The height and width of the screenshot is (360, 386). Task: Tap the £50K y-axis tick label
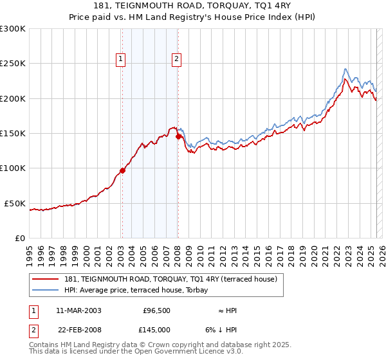coord(15,203)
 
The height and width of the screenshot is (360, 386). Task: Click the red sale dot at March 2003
coord(122,170)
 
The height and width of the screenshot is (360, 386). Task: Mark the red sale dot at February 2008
coord(178,136)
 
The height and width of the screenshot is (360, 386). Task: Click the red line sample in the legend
coord(46,279)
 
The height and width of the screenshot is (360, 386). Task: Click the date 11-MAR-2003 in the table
coord(78,310)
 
